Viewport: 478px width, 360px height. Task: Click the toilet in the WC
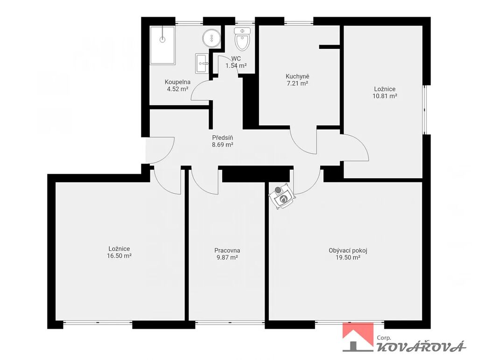tap(242, 39)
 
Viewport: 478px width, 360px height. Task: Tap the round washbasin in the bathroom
tap(211, 38)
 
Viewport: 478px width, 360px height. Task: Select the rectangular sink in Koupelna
tap(202, 63)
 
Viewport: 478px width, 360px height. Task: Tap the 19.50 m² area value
tap(348, 257)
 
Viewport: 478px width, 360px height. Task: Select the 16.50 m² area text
tap(119, 256)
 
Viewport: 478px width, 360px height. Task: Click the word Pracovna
tap(227, 251)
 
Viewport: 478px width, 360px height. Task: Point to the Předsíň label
tap(223, 138)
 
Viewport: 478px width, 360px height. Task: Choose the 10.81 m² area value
tap(385, 96)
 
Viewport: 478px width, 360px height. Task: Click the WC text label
tap(236, 58)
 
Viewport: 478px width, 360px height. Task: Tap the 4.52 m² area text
tap(177, 89)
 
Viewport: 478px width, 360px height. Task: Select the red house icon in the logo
tap(358, 334)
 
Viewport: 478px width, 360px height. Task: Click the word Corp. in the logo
tap(384, 338)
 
